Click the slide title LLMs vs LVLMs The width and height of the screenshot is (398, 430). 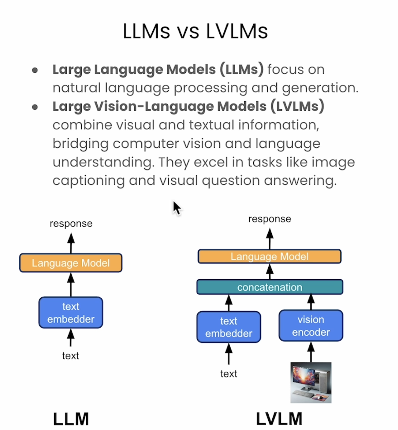[195, 31]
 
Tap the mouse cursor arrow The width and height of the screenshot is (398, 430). [177, 208]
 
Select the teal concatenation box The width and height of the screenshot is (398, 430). [270, 287]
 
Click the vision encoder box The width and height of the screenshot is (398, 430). [311, 326]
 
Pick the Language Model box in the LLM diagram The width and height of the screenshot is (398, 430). [71, 263]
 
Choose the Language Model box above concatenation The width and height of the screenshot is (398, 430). [269, 256]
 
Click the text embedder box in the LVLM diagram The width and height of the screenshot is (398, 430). [229, 327]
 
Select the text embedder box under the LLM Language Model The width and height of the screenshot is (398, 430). [71, 313]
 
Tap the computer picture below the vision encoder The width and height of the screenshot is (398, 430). [311, 383]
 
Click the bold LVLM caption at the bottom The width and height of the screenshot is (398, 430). [279, 419]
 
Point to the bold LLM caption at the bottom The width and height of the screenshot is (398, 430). [71, 419]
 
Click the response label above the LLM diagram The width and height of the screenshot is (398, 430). [71, 224]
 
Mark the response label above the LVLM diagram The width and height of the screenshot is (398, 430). [270, 219]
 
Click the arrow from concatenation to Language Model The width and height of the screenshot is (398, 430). [270, 271]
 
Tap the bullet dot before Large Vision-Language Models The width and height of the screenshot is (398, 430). [35, 107]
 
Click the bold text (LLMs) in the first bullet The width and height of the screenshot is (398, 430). [242, 69]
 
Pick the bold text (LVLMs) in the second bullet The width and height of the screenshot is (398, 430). [297, 106]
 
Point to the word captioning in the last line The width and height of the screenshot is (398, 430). [89, 181]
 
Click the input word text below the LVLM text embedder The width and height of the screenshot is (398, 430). [229, 374]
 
